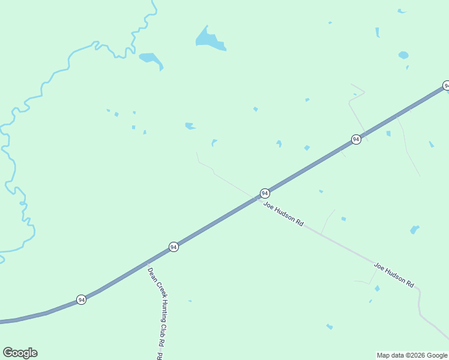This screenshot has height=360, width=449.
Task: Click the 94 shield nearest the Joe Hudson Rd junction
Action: coord(265,193)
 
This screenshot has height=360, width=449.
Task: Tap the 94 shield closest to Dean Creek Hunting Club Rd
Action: coord(173,247)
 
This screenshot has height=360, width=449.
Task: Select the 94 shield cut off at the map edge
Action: coord(446,86)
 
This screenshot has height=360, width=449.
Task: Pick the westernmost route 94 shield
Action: coord(81,299)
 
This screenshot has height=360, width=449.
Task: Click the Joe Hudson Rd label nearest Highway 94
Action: coord(283,214)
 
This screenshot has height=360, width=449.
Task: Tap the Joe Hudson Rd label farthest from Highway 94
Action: coord(394,274)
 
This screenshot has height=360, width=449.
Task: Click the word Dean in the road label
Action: coord(151,274)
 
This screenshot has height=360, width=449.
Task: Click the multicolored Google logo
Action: coord(20,353)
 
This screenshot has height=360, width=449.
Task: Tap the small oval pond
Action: coord(403,55)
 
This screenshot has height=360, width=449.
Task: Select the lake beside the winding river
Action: coord(150,59)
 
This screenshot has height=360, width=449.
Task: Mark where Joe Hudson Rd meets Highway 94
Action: coord(256,198)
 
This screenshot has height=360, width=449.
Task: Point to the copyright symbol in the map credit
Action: coord(409,355)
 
